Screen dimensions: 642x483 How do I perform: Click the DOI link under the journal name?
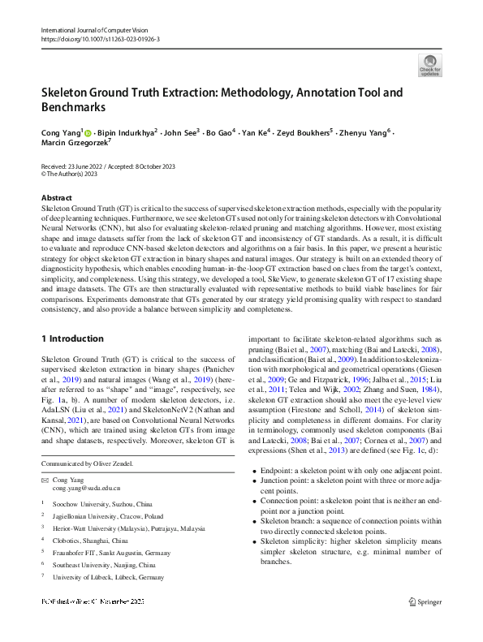tap(100, 39)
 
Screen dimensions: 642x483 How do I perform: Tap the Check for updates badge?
tap(430, 66)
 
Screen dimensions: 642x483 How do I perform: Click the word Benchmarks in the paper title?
tap(73, 106)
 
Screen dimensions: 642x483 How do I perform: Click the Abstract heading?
tap(57, 197)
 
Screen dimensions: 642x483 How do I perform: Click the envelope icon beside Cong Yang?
tap(45, 480)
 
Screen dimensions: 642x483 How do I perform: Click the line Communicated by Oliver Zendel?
tap(87, 463)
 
